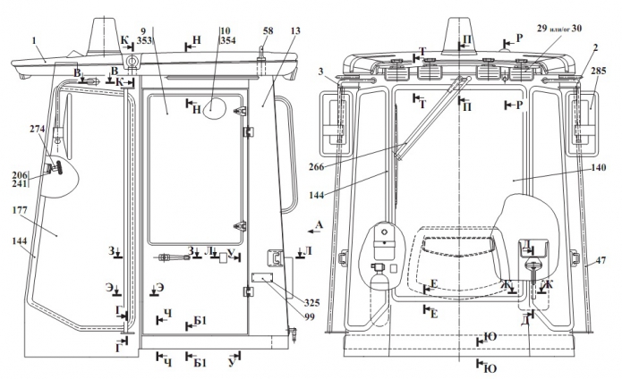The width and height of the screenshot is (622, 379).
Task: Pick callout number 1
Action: (34, 40)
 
